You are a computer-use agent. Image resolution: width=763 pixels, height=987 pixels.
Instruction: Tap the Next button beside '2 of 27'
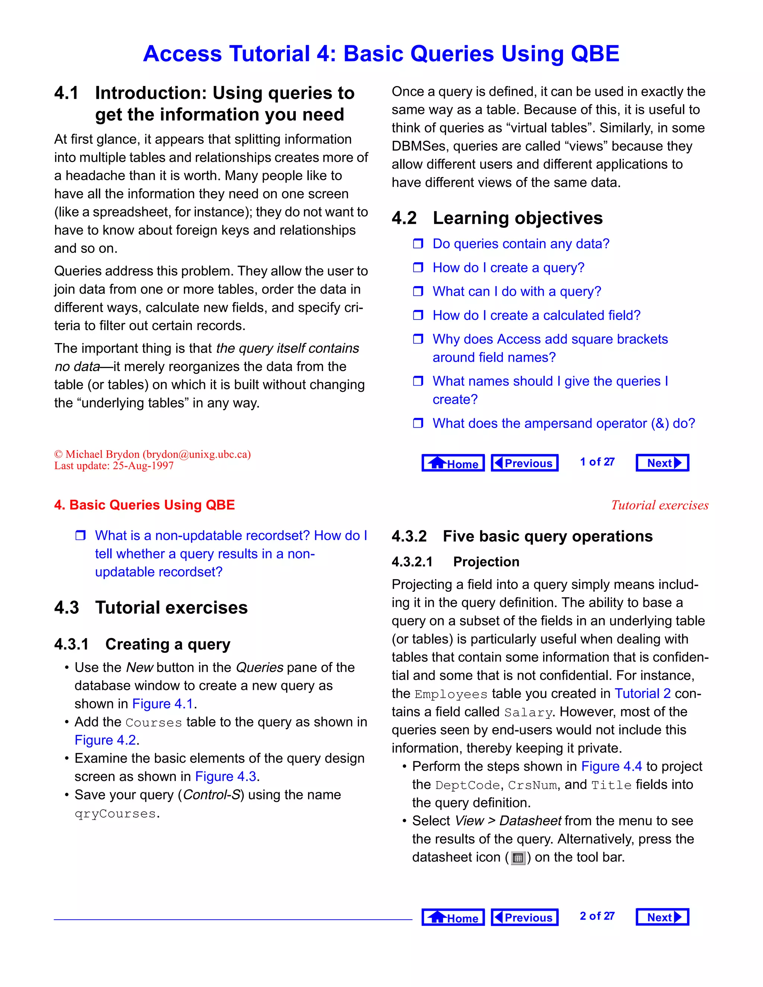pyautogui.click(x=662, y=917)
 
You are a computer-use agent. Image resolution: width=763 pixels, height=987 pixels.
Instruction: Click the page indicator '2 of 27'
pyautogui.click(x=597, y=916)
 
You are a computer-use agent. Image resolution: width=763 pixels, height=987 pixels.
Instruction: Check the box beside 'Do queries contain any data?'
pyautogui.click(x=418, y=244)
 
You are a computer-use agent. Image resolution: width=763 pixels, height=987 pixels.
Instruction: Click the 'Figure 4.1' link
pyautogui.click(x=163, y=704)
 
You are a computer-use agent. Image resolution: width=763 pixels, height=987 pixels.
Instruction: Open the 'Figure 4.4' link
pyautogui.click(x=611, y=767)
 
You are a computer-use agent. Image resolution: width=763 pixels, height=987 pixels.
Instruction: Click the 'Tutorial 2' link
pyautogui.click(x=642, y=694)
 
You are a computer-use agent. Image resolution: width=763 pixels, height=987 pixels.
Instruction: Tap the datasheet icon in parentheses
pyautogui.click(x=518, y=858)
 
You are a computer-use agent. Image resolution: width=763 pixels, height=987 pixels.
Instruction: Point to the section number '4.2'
pyautogui.click(x=404, y=218)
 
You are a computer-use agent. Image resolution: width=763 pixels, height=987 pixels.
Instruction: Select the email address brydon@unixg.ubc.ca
pyautogui.click(x=197, y=454)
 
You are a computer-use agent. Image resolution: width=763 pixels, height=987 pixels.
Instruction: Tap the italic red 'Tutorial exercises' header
pyautogui.click(x=659, y=505)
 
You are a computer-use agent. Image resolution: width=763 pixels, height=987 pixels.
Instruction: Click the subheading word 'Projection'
pyautogui.click(x=486, y=562)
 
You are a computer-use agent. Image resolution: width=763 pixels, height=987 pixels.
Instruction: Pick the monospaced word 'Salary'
pyautogui.click(x=528, y=713)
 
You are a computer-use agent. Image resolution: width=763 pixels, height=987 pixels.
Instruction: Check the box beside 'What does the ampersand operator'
pyautogui.click(x=418, y=423)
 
